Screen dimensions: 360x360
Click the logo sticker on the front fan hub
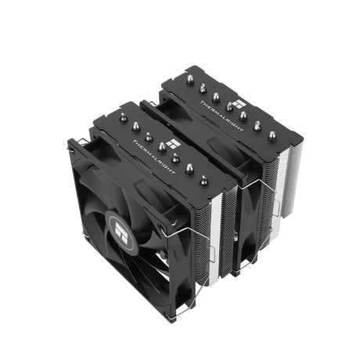[121, 232]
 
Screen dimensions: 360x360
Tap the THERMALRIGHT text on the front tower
[154, 157]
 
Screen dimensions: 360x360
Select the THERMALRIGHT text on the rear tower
[221, 116]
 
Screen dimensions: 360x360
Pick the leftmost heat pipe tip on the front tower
[123, 118]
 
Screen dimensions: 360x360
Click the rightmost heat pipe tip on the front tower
[204, 181]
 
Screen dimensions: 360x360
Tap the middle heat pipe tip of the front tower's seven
[162, 147]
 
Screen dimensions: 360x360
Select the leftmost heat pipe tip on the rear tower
[190, 80]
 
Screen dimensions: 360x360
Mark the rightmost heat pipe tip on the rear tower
[272, 136]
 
